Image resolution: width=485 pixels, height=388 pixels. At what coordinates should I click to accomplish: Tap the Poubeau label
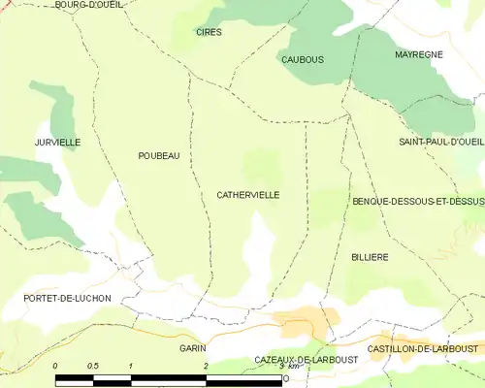coord(159,155)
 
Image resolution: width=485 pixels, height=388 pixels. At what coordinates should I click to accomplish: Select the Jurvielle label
coord(57,143)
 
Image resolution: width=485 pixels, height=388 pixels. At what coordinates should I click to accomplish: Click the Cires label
coord(209,32)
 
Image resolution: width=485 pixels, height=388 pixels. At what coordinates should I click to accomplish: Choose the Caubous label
coord(302,59)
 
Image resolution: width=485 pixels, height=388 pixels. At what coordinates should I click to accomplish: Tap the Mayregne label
coord(418,54)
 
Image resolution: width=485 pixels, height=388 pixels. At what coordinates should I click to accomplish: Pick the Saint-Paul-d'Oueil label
coord(441,143)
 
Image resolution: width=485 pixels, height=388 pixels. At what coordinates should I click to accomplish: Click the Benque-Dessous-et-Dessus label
coord(418,201)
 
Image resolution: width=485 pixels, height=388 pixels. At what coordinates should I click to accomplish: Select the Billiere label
coord(370,257)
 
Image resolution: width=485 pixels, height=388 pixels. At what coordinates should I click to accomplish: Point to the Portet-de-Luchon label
coord(69,298)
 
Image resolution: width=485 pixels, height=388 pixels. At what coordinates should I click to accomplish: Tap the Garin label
coord(192,346)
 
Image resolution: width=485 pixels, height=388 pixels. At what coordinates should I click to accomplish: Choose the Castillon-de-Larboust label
coord(424,347)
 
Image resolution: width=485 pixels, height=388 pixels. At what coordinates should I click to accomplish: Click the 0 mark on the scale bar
coord(55,366)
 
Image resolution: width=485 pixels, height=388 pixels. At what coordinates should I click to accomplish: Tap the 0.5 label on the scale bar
coord(92,366)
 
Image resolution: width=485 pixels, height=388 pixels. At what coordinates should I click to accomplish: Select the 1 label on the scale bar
coord(130,366)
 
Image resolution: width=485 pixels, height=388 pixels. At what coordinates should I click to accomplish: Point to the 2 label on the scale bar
coord(206,366)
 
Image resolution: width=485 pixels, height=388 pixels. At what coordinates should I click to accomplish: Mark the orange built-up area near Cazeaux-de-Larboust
coord(307,322)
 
